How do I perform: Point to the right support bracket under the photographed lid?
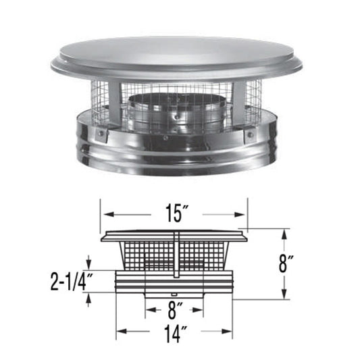[234, 101]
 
